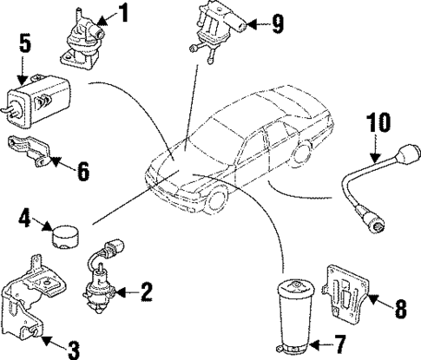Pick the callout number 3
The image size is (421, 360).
pos(75,349)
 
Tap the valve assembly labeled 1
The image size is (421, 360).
pos(81,42)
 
